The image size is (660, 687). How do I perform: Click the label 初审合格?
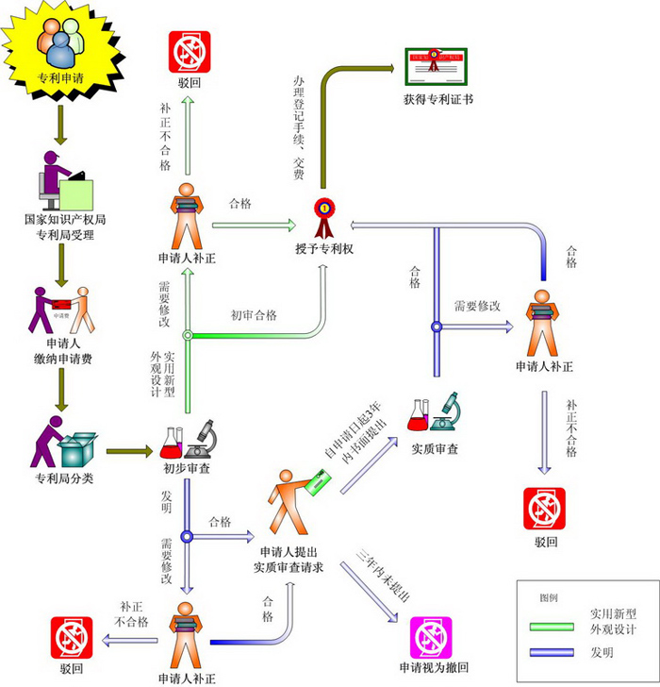coord(254,315)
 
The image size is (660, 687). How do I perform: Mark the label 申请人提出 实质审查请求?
coord(289,560)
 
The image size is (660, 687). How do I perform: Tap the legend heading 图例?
coord(549,598)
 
